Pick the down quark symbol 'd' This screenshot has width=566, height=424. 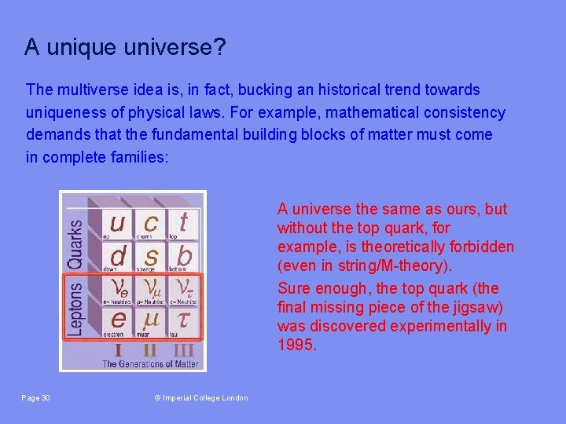[116, 255]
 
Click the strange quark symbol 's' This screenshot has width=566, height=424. [150, 255]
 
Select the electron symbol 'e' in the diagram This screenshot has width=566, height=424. [116, 319]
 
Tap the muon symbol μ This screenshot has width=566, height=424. [150, 319]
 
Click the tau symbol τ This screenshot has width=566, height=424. [184, 319]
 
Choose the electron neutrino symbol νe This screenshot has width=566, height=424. [116, 287]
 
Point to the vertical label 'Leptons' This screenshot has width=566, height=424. [75, 305]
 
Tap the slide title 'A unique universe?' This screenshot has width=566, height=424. [125, 48]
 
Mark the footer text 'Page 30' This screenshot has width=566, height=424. [36, 398]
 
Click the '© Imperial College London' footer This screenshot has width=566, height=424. [200, 398]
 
